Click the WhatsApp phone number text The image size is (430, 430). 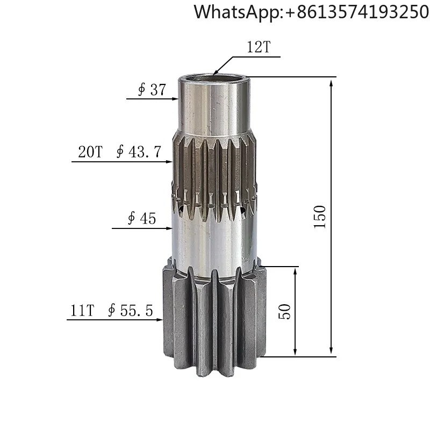point(311,12)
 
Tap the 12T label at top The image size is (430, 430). point(259,48)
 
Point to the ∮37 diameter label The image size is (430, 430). point(152,89)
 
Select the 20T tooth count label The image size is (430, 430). point(90,152)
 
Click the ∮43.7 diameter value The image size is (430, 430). point(139,152)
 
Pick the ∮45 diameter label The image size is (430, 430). point(141,218)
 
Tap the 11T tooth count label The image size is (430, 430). point(82,310)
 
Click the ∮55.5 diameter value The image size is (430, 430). point(130,310)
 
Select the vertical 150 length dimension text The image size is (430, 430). point(320,217)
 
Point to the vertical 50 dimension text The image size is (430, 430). point(285,311)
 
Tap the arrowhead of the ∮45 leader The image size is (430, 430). point(168,228)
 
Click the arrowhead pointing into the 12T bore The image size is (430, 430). point(215,73)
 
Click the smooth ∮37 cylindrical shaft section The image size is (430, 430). point(215,107)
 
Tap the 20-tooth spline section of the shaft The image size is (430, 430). point(215,172)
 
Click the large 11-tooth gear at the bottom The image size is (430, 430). point(215,317)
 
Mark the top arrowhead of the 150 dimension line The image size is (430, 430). point(331,81)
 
